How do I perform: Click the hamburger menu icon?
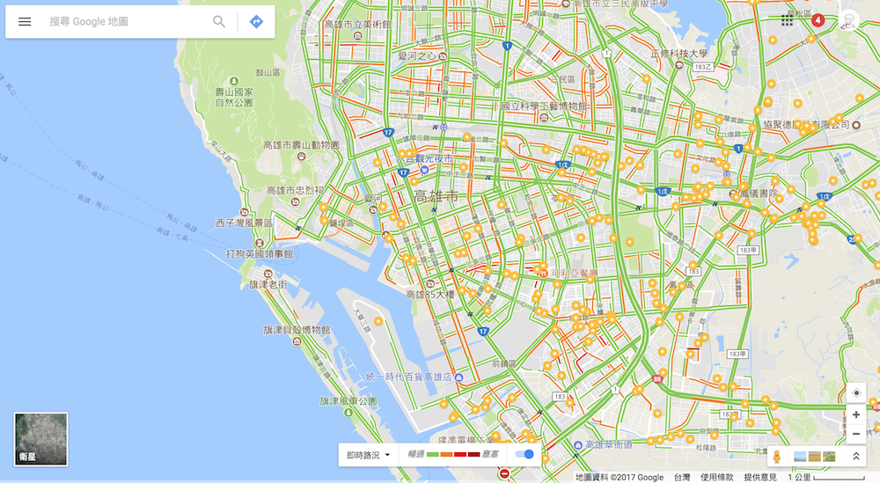tap(25, 21)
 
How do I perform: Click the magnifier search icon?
tap(219, 21)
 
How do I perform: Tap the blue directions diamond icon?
tap(256, 21)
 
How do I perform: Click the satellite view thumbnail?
tap(40, 439)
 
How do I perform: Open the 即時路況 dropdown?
tap(368, 455)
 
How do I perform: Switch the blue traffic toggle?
tap(524, 454)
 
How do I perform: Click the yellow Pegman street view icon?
tap(776, 457)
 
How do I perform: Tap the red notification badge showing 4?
tap(817, 19)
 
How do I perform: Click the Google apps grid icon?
tap(787, 19)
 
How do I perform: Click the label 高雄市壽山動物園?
tap(301, 144)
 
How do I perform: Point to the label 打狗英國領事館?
tap(259, 253)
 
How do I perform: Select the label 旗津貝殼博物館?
tap(297, 330)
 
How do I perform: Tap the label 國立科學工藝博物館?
tap(544, 106)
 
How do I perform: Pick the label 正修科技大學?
tap(678, 54)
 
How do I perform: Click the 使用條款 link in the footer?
tap(717, 477)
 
